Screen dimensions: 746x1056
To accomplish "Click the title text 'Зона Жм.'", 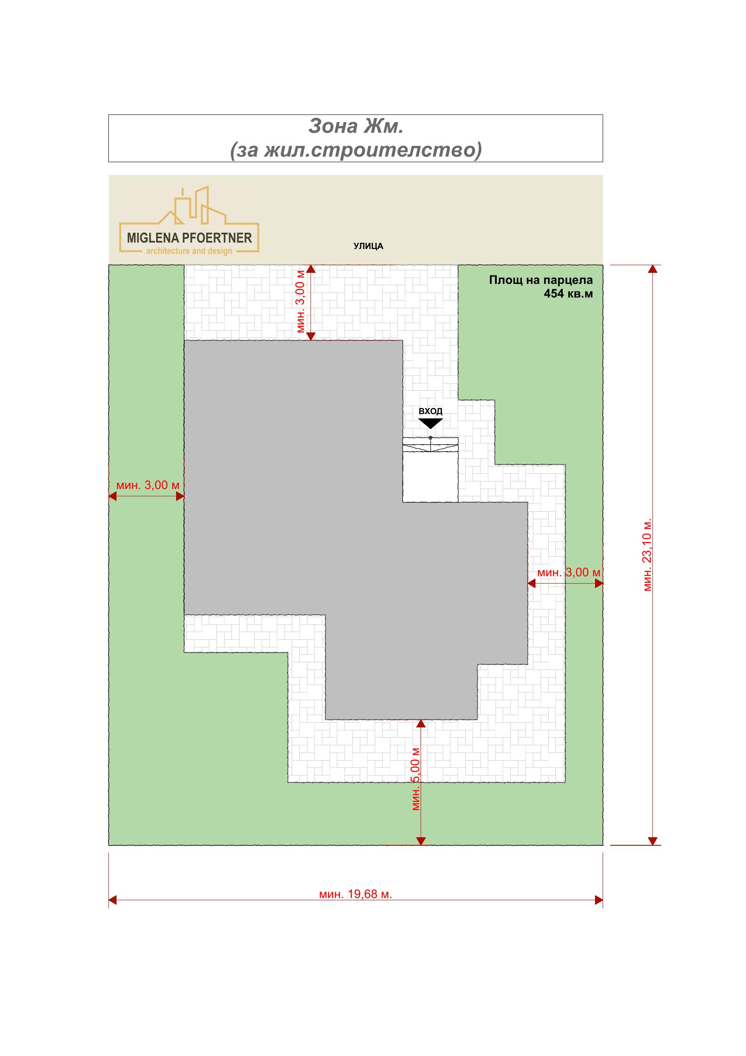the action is [x=356, y=126].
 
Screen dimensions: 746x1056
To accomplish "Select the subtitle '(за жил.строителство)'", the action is [x=356, y=150].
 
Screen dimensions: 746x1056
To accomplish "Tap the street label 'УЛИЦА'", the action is [x=368, y=246].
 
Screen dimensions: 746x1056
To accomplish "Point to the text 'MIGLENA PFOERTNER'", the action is [x=189, y=238].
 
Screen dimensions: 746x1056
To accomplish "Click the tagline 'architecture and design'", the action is [x=189, y=251].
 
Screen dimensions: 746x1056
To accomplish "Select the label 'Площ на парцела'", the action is [x=541, y=280].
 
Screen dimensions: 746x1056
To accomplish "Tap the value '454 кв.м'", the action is [x=568, y=293].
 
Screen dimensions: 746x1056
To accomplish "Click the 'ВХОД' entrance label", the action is [x=430, y=411].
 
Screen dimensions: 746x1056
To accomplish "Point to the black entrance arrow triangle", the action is [x=430, y=423].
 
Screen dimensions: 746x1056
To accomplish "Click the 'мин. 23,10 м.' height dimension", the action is [x=648, y=555].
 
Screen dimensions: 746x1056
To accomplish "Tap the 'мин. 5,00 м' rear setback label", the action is [x=416, y=778].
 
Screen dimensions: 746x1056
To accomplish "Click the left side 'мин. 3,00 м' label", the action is [x=148, y=485].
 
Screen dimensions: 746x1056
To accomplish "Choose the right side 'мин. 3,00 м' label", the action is [x=569, y=572].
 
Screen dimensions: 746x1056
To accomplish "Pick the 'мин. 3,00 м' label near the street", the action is [x=301, y=301].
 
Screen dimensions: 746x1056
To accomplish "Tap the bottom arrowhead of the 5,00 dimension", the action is [x=421, y=841].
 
